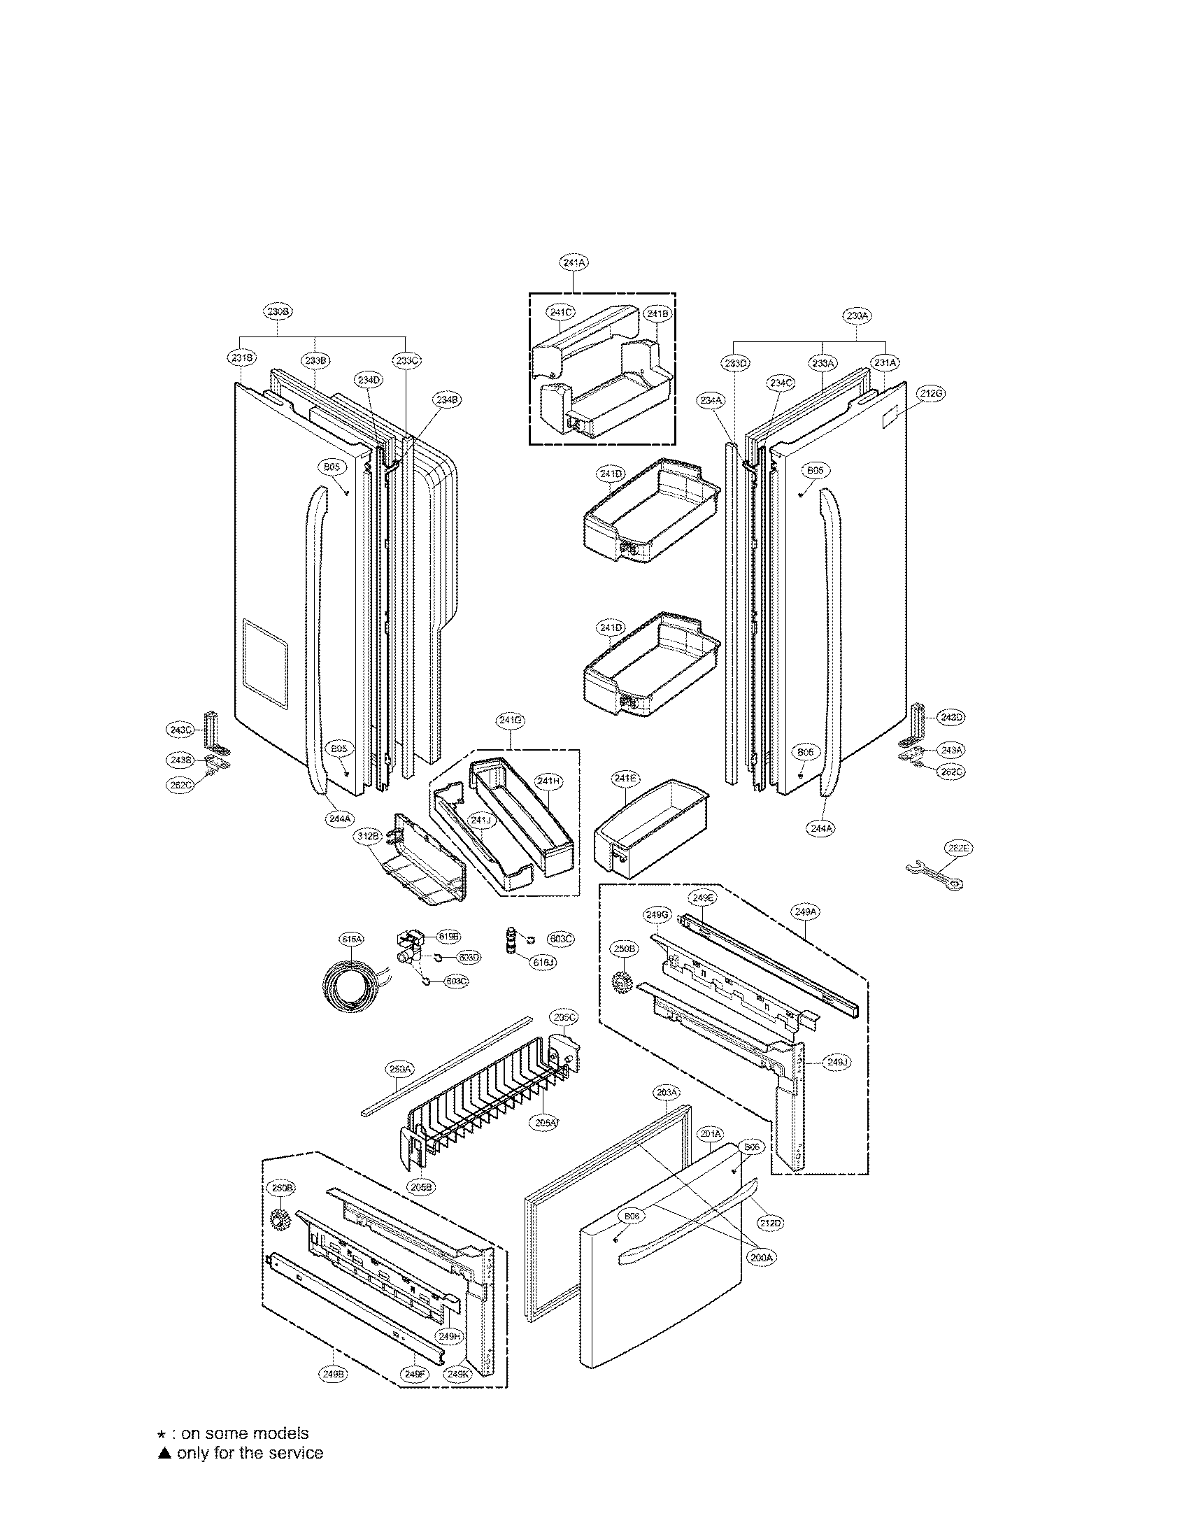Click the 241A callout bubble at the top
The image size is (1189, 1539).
click(574, 262)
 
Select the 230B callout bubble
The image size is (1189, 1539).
click(279, 311)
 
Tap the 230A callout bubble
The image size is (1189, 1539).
click(857, 316)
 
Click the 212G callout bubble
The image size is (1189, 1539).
click(930, 393)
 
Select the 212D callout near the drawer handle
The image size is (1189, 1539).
click(771, 1223)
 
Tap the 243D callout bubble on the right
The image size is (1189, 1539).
click(951, 717)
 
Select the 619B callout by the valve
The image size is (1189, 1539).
click(449, 937)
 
